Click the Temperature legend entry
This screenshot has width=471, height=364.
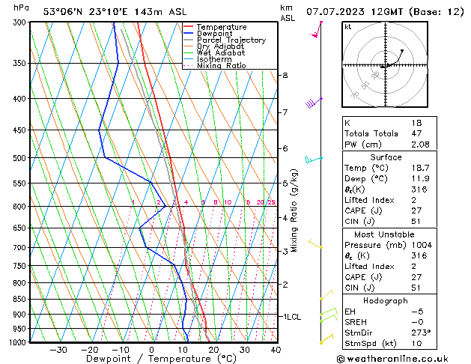[x=222, y=27]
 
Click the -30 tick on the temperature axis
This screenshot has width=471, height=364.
[x=58, y=350]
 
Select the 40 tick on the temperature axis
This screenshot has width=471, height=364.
[x=276, y=350]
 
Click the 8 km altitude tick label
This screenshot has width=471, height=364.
[x=285, y=76]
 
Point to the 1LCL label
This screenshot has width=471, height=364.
[x=291, y=317]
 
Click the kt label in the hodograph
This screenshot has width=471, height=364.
[x=347, y=26]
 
